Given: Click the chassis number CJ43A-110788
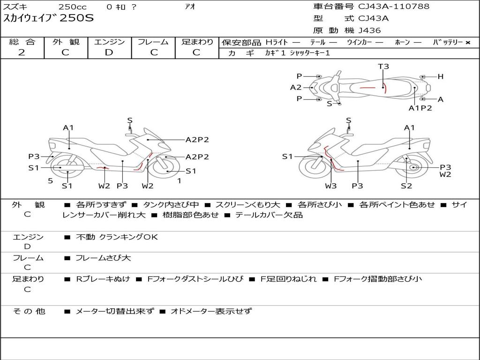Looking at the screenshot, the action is pyautogui.click(x=394, y=7).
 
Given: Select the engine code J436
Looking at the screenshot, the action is pyautogui.click(x=369, y=30).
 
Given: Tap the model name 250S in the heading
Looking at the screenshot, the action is pyautogui.click(x=76, y=18).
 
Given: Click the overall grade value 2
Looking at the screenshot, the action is pyautogui.click(x=22, y=52).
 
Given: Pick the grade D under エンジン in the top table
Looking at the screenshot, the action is pyautogui.click(x=109, y=52).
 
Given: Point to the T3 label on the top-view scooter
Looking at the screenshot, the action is pyautogui.click(x=383, y=66).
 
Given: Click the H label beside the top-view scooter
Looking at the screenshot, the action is pyautogui.click(x=440, y=76).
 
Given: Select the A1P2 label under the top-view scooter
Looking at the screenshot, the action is pyautogui.click(x=420, y=108).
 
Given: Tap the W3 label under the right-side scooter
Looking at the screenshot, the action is pyautogui.click(x=330, y=186).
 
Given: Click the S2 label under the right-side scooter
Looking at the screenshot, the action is pyautogui.click(x=406, y=186).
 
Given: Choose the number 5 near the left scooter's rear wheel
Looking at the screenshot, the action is pyautogui.click(x=51, y=181).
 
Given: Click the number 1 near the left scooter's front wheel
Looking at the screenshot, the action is pyautogui.click(x=180, y=181).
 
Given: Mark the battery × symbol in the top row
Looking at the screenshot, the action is pyautogui.click(x=468, y=43).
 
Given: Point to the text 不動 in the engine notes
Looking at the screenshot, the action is pyautogui.click(x=85, y=237).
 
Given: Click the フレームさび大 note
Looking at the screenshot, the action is pyautogui.click(x=103, y=258).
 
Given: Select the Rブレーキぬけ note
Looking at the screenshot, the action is pyautogui.click(x=103, y=279).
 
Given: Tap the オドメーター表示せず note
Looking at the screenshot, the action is pyautogui.click(x=211, y=311).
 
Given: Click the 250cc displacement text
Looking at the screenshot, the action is pyautogui.click(x=73, y=7).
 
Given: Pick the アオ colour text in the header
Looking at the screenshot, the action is pyautogui.click(x=190, y=7).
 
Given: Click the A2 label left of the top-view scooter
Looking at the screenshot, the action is pyautogui.click(x=296, y=88).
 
